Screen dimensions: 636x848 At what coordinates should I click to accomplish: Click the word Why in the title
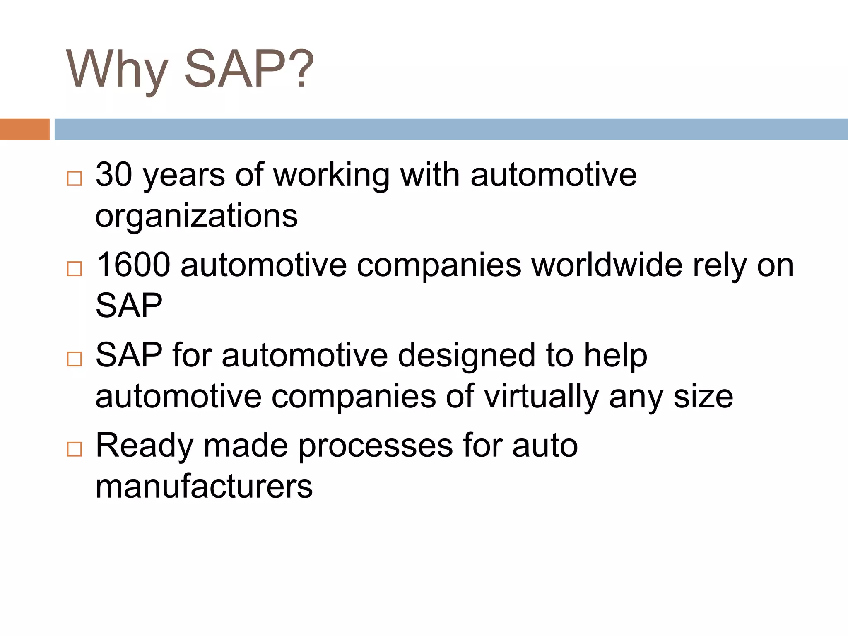pyautogui.click(x=117, y=69)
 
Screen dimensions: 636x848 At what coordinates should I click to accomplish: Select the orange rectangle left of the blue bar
pyautogui.click(x=24, y=129)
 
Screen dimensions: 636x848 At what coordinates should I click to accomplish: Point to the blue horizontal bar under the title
pyautogui.click(x=451, y=129)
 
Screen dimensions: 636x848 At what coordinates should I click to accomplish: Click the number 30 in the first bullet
pyautogui.click(x=114, y=174)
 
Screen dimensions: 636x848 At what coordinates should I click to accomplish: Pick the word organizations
pyautogui.click(x=196, y=216)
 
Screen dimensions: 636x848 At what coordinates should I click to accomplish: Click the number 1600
pyautogui.click(x=133, y=265)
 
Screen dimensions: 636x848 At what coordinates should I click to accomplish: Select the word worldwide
pyautogui.click(x=607, y=265)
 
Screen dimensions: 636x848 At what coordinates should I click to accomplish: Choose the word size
pyautogui.click(x=703, y=397)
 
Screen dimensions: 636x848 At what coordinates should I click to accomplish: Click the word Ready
pyautogui.click(x=145, y=446)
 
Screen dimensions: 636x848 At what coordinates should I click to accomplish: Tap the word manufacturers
pyautogui.click(x=204, y=487)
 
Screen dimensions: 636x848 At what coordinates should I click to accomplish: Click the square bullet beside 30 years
pyautogui.click(x=75, y=178)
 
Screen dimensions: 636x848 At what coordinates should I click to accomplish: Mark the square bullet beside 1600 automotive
pyautogui.click(x=75, y=269)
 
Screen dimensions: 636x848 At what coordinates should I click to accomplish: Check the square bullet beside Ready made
pyautogui.click(x=75, y=449)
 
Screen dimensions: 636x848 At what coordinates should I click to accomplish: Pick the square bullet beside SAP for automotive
pyautogui.click(x=75, y=359)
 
